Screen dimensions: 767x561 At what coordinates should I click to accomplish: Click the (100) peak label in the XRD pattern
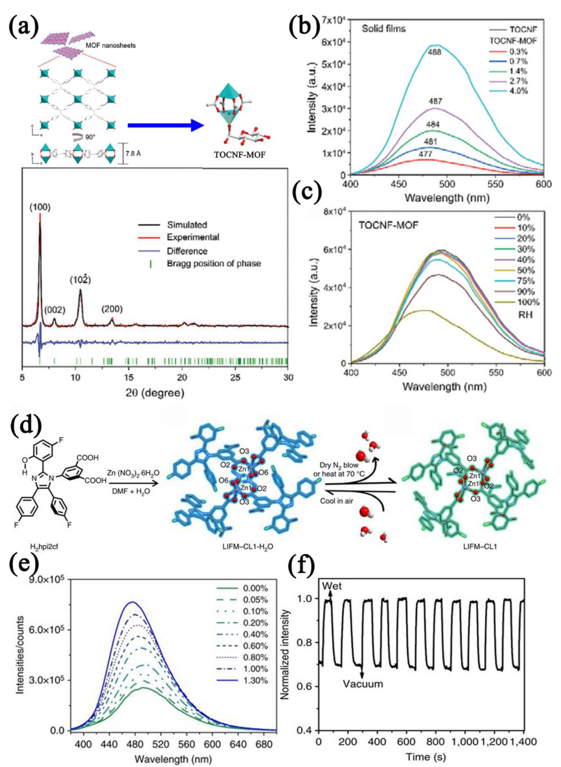click(x=40, y=207)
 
